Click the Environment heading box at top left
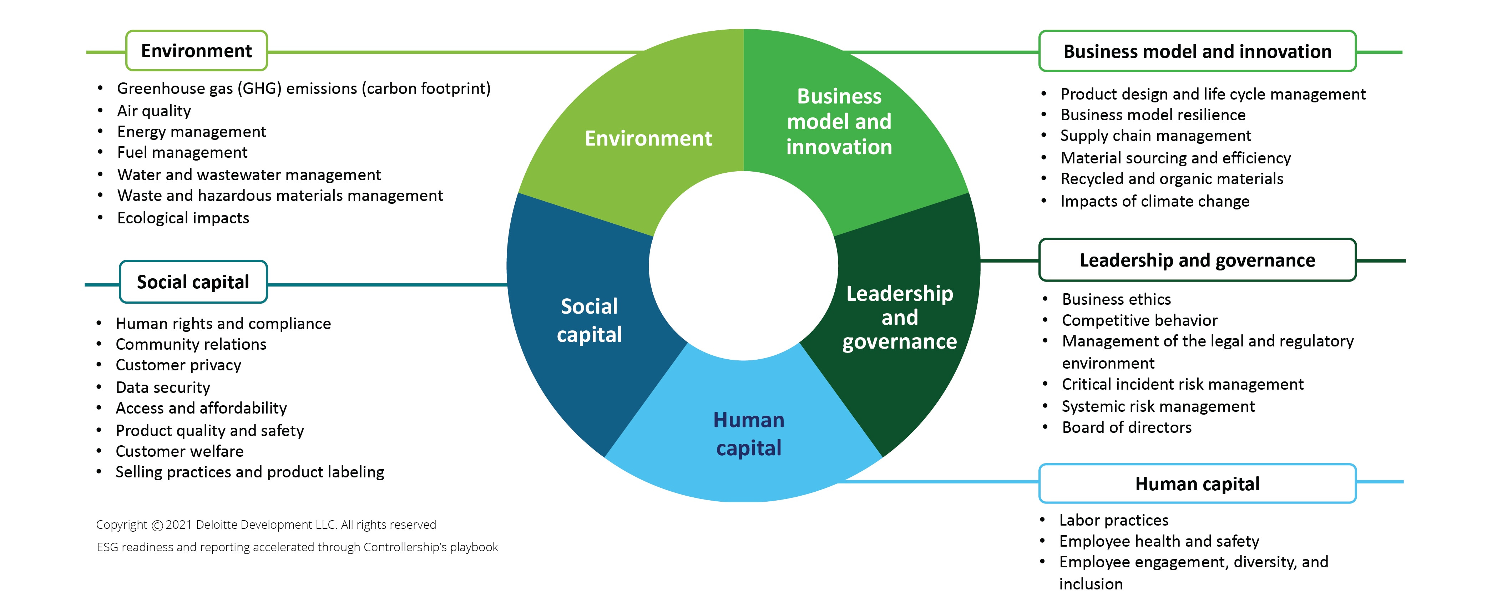tap(196, 51)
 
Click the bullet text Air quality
tap(153, 111)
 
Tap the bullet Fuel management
tap(182, 152)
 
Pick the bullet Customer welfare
tap(179, 451)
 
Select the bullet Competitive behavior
tap(1139, 320)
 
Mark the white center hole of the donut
tap(744, 265)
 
